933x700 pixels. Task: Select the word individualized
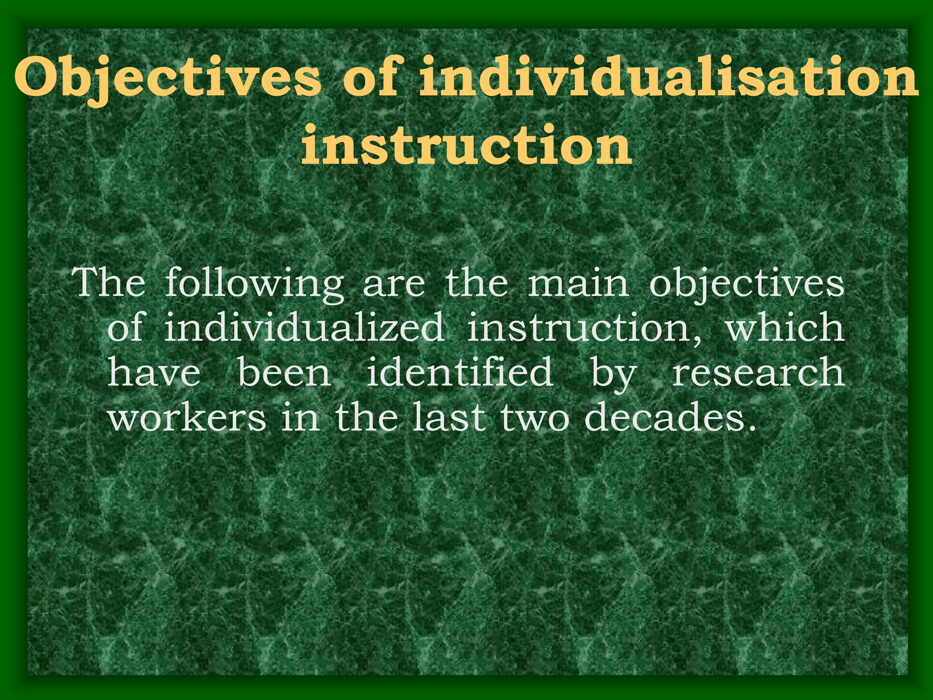click(304, 327)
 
